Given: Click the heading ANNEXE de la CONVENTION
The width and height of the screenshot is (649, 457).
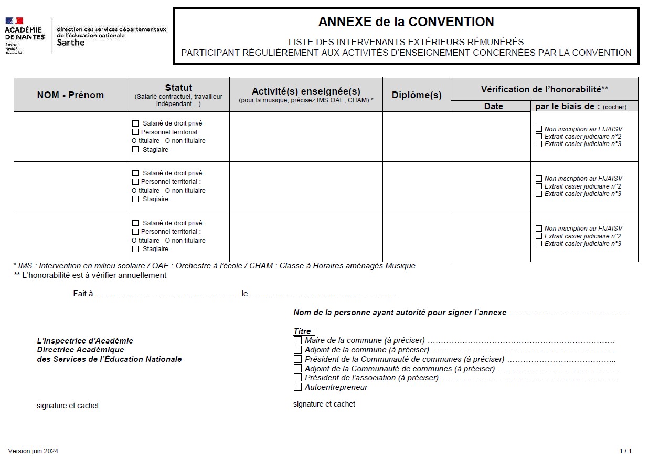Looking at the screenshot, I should click(x=406, y=22).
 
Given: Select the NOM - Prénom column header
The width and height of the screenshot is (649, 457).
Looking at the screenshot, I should click(x=70, y=95).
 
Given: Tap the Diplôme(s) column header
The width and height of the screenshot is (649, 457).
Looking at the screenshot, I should click(x=417, y=95).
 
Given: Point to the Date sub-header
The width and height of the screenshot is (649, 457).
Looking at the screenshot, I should click(x=493, y=106).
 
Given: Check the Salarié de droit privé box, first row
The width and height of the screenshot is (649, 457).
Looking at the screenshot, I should click(x=135, y=123).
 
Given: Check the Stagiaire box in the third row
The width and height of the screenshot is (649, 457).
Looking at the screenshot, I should click(x=135, y=249).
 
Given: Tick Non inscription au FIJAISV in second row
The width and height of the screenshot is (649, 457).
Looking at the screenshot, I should click(x=539, y=179).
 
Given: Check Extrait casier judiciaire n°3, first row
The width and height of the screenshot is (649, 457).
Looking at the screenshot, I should click(x=539, y=144).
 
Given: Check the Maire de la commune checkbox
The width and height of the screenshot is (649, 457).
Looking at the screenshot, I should click(x=298, y=340).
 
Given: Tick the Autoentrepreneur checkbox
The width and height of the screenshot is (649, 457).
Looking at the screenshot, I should click(x=298, y=387).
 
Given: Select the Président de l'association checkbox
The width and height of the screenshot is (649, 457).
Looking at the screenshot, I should click(x=298, y=378).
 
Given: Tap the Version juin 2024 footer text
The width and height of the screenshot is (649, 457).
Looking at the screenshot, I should click(x=33, y=451).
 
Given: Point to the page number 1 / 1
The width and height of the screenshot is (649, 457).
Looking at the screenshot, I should click(x=625, y=451).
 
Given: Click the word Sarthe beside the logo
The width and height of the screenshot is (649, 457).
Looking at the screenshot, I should click(x=70, y=43).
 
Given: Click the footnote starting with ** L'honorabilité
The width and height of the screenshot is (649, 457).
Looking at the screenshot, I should click(x=90, y=275).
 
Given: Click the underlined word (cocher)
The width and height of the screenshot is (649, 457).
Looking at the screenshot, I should click(x=614, y=107).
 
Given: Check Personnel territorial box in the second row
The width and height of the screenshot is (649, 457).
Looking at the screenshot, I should click(x=135, y=182).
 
